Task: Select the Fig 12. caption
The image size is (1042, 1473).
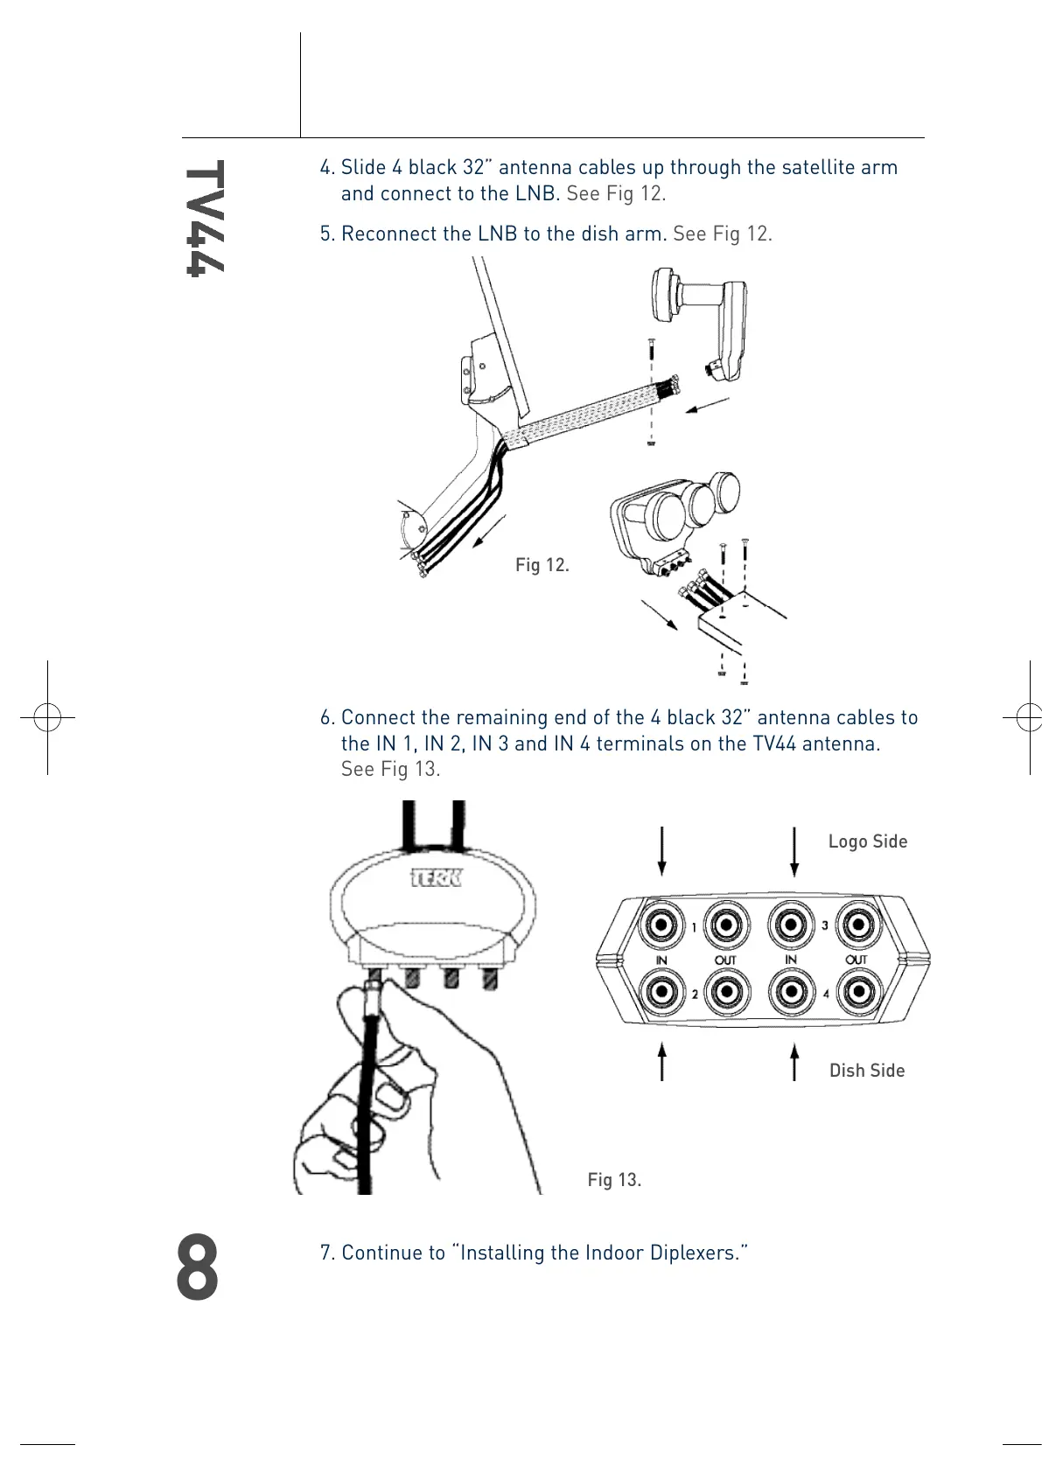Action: point(542,565)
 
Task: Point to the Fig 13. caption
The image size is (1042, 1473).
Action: point(614,1180)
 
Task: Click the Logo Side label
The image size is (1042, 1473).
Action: point(867,841)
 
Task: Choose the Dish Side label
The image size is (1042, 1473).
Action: point(866,1071)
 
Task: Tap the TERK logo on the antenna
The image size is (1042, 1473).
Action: point(436,877)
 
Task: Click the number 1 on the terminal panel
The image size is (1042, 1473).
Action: point(695,927)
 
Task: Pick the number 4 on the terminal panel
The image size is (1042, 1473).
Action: point(826,994)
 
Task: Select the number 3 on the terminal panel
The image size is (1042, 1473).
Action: point(824,925)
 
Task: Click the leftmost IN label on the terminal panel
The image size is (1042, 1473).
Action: point(661,960)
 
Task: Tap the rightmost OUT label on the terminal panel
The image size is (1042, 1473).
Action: point(856,960)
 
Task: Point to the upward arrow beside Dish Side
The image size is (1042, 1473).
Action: point(794,1061)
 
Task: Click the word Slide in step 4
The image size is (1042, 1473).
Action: point(363,168)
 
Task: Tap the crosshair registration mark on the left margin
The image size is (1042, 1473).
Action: point(47,717)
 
